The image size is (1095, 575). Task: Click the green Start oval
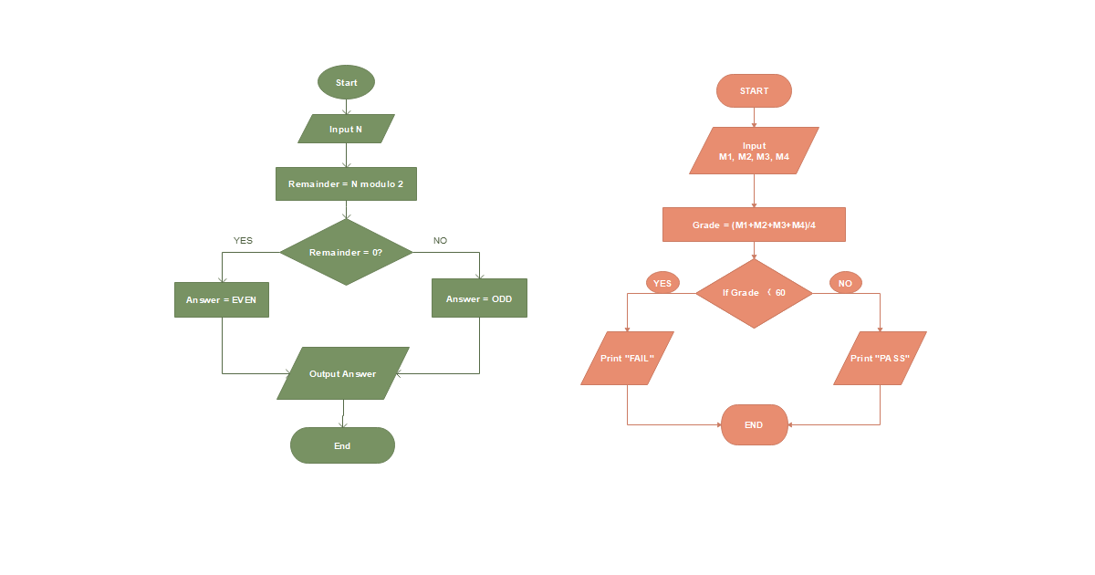click(x=346, y=82)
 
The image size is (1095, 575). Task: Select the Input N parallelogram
click(x=346, y=129)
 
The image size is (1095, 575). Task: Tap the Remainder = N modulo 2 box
click(x=346, y=183)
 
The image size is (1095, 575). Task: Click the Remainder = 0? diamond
click(x=346, y=252)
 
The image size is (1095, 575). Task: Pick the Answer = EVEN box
click(x=222, y=299)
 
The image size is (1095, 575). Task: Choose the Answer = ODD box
click(x=479, y=298)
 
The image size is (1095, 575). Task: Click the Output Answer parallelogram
click(x=343, y=373)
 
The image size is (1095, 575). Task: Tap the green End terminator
click(x=342, y=445)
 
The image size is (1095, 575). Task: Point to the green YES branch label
click(x=243, y=241)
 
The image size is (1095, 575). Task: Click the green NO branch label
click(x=440, y=241)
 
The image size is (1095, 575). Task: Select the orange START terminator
click(x=754, y=91)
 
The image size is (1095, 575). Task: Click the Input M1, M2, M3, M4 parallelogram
click(x=754, y=151)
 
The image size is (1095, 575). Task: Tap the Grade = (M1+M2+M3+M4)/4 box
click(x=754, y=225)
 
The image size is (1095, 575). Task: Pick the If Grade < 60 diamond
click(x=754, y=293)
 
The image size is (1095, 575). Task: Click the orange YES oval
click(x=662, y=283)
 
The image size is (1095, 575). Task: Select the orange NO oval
click(x=845, y=283)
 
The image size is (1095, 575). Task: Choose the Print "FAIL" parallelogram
click(x=627, y=359)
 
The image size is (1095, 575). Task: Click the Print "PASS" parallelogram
click(x=880, y=359)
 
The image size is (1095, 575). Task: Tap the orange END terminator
click(x=754, y=425)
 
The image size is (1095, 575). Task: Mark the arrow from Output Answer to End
click(x=343, y=413)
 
